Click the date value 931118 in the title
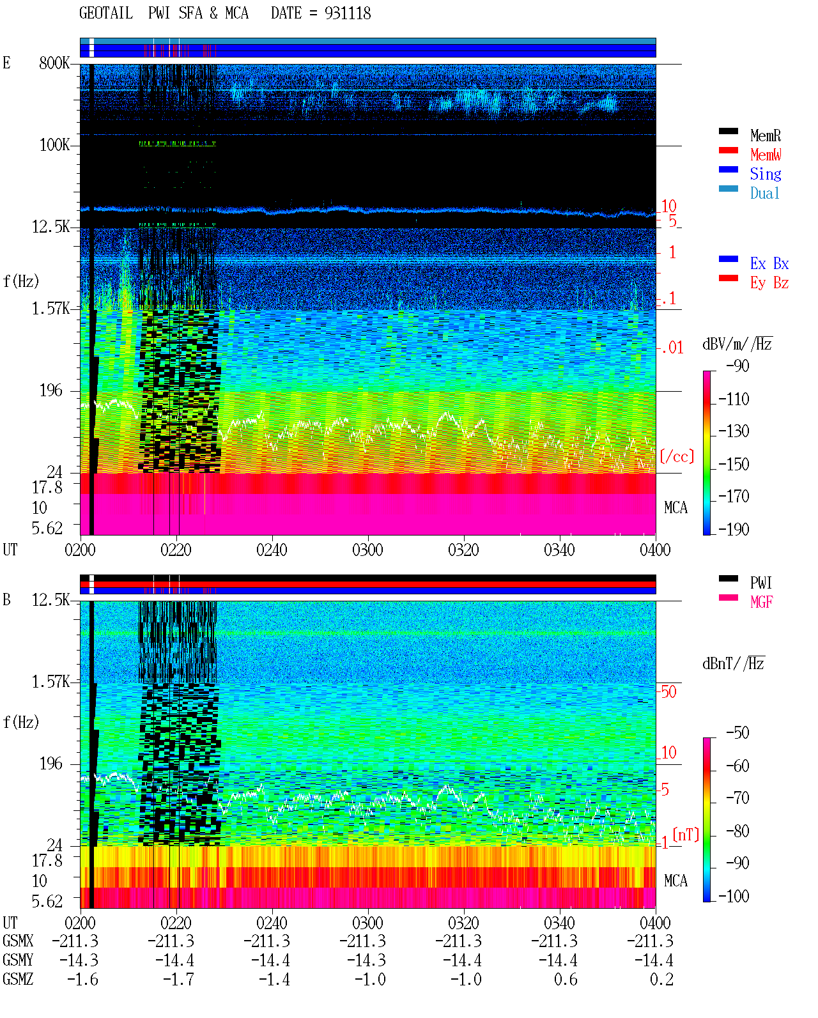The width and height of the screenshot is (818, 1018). [x=347, y=13]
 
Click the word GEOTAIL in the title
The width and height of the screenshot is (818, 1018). [x=106, y=13]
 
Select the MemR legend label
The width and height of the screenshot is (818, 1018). [x=765, y=135]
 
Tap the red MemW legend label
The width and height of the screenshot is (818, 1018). [x=765, y=155]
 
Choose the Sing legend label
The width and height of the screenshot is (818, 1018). [x=765, y=174]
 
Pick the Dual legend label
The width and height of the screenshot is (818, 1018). [x=764, y=193]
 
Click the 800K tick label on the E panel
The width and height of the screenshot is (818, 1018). [x=54, y=63]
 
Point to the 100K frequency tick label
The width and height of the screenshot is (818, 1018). [x=54, y=145]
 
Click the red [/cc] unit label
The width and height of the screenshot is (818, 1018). [x=677, y=456]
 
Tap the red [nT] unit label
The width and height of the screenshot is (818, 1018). [x=686, y=835]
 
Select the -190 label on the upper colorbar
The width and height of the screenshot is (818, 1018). [x=733, y=529]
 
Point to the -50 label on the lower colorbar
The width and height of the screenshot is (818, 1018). [x=737, y=733]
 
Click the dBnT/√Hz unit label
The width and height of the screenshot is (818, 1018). [x=733, y=663]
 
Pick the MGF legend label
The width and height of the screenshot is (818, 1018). [x=761, y=602]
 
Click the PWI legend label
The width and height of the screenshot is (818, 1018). [x=760, y=583]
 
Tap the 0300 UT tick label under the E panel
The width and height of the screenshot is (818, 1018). [x=367, y=550]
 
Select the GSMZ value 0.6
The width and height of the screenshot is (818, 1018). [x=566, y=979]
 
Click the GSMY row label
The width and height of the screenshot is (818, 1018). [x=18, y=960]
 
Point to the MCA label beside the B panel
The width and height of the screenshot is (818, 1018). [x=675, y=881]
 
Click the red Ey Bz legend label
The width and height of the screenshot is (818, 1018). [x=769, y=283]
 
